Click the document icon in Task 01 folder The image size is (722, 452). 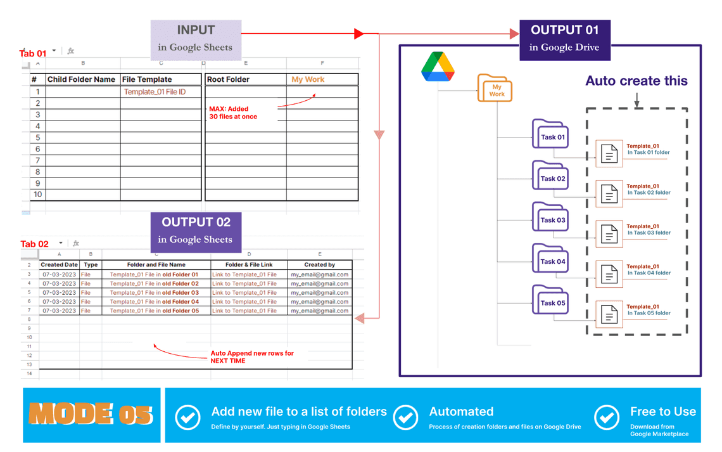coord(609,154)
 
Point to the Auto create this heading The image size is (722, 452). coord(636,81)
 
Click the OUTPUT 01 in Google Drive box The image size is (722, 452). coord(564,38)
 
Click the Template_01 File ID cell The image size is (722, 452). coord(155,92)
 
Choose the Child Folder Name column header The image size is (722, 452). coord(82,79)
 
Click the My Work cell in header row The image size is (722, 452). coord(308,79)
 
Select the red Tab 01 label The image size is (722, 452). coord(33,54)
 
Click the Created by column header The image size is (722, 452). coord(319,264)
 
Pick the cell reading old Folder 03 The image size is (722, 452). coord(155,293)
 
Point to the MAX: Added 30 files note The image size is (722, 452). coord(233,113)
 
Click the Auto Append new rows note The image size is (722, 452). coord(251,356)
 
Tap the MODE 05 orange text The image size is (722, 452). coord(91,414)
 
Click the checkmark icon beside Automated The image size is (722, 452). coord(406,417)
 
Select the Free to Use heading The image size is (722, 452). coord(662,411)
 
